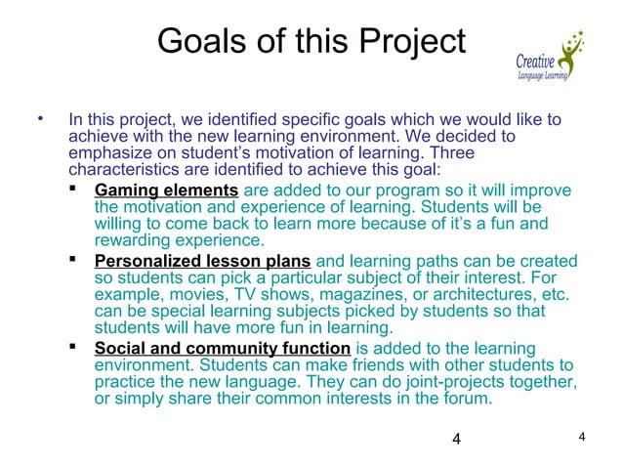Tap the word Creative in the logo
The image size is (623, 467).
[536, 58]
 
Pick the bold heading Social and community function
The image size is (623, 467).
[222, 349]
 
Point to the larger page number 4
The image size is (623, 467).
[458, 437]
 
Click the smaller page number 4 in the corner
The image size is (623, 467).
[581, 435]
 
